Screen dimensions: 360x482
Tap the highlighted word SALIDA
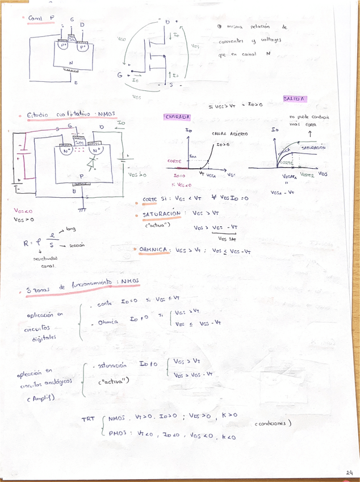(295, 99)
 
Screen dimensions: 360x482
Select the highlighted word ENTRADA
(177, 117)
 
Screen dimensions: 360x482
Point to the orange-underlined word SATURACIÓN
(161, 214)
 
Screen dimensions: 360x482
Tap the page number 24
(349, 472)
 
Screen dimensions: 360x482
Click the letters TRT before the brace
(88, 421)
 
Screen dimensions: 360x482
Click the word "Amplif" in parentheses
(40, 398)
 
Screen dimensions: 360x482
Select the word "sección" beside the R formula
(77, 245)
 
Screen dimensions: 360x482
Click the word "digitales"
(45, 338)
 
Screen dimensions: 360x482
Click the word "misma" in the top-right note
(235, 26)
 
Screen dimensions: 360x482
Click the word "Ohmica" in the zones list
(108, 322)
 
